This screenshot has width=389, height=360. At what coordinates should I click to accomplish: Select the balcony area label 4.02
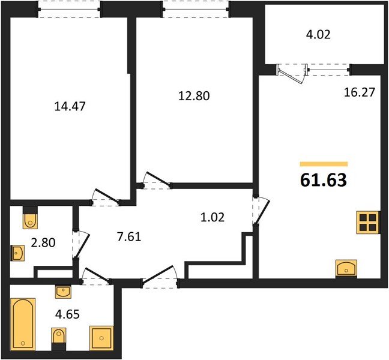click(x=319, y=34)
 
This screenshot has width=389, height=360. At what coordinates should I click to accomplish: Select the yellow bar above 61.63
click(x=324, y=163)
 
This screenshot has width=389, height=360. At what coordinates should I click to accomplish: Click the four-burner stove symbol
click(x=367, y=222)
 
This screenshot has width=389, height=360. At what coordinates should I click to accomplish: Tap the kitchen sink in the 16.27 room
click(x=346, y=268)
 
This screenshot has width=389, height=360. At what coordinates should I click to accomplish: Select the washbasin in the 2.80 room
click(x=18, y=253)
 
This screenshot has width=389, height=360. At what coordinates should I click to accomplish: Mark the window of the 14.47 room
click(x=69, y=8)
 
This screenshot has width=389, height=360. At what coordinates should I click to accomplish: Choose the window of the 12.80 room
click(x=195, y=8)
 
